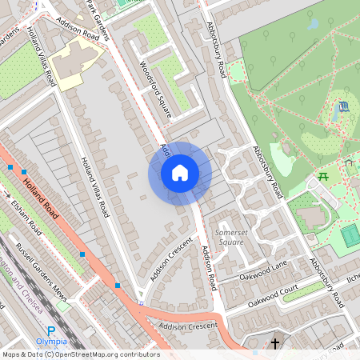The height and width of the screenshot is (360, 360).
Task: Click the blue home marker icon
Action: click(180, 173)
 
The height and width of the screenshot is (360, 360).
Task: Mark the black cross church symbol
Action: click(275, 344)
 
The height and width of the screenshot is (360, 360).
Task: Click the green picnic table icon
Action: click(324, 176)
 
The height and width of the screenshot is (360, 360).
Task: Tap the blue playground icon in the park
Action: click(343, 106)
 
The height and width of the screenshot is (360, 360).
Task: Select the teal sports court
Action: click(350, 235)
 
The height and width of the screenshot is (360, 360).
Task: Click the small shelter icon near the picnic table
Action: click(349, 162)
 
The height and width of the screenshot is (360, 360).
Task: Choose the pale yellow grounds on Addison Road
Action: click(79, 63)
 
